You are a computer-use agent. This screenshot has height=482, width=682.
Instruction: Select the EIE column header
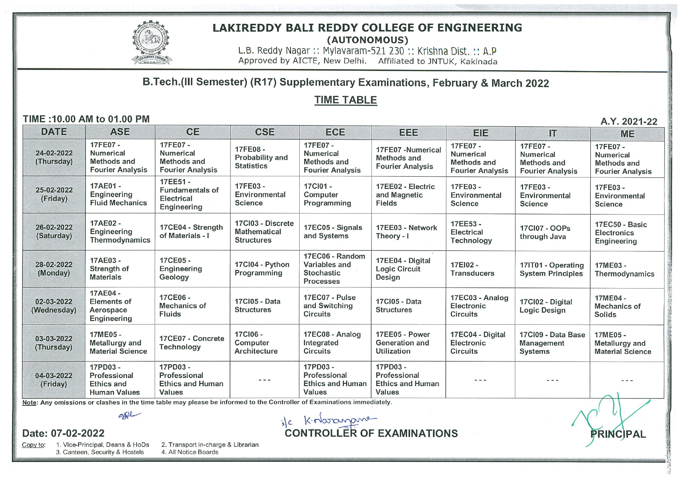click(480, 133)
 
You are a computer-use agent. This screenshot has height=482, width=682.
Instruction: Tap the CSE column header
click(265, 132)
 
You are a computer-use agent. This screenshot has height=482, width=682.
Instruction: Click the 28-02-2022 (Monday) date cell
click(54, 269)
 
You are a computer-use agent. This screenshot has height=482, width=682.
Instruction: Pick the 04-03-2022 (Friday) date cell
click(54, 380)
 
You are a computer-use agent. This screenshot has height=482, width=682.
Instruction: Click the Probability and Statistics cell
click(261, 158)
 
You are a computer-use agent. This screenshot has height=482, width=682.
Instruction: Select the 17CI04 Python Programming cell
click(262, 269)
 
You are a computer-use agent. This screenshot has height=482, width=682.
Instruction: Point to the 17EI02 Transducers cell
click(473, 269)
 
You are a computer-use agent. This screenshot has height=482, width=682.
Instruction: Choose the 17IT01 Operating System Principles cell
click(552, 270)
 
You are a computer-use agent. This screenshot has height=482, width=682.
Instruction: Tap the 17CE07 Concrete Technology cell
click(192, 343)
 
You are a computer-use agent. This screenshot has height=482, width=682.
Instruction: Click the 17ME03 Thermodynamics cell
click(624, 270)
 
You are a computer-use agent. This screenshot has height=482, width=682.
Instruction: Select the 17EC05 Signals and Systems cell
click(333, 232)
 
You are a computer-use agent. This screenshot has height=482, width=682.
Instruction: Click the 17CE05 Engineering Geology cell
click(181, 269)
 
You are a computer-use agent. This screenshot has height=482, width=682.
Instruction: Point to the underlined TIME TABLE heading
click(345, 100)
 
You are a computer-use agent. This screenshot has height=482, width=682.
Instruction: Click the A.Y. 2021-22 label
click(629, 122)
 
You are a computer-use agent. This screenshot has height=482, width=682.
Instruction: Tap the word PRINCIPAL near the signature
click(618, 434)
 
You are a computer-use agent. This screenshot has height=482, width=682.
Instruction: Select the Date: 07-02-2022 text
click(63, 433)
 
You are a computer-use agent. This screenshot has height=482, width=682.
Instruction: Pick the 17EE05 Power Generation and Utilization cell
click(403, 343)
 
